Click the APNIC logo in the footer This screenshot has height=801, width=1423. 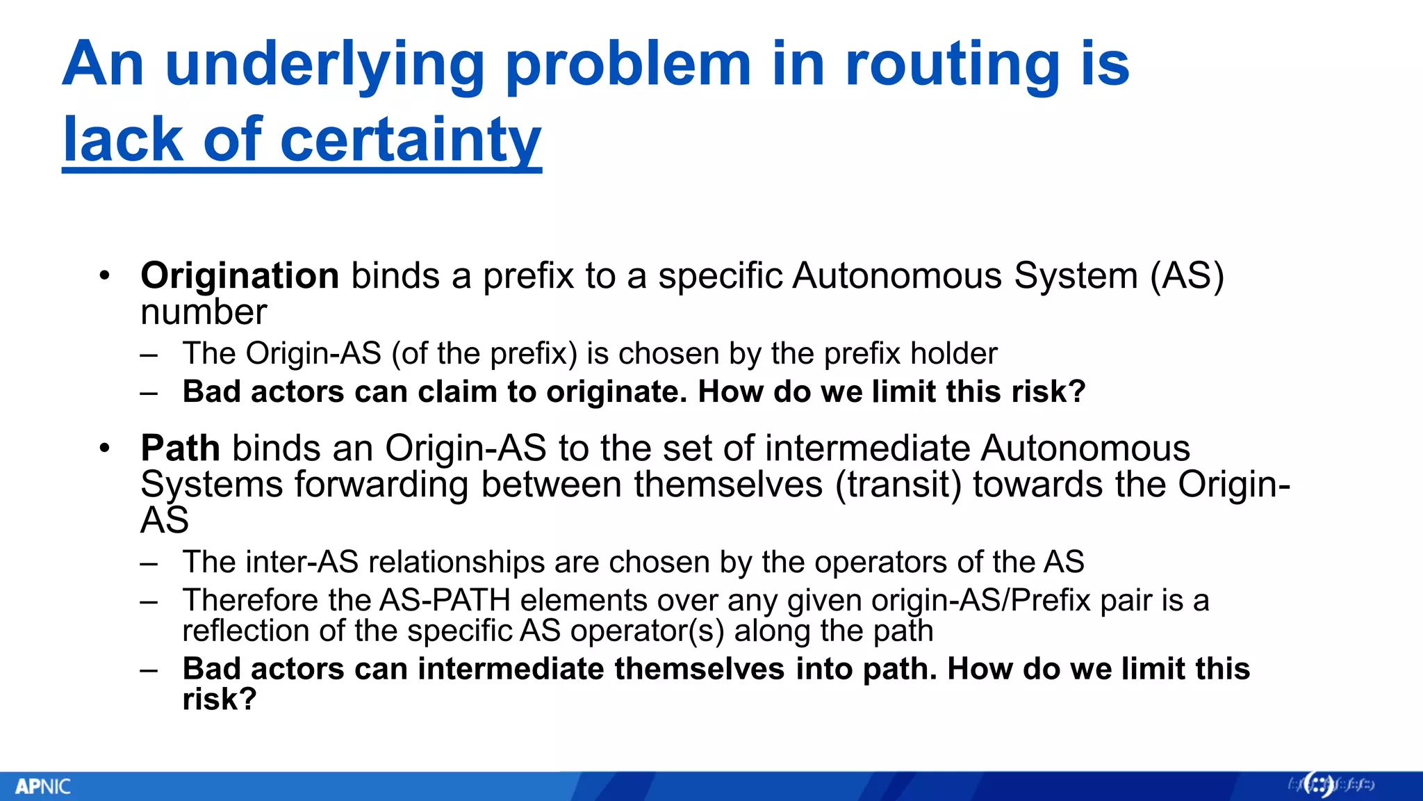pyautogui.click(x=43, y=786)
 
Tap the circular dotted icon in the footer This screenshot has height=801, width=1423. pyautogui.click(x=1318, y=785)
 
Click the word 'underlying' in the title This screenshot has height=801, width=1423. pyautogui.click(x=324, y=65)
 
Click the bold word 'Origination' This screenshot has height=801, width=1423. pyautogui.click(x=240, y=275)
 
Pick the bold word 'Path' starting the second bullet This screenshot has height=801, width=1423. pyautogui.click(x=180, y=448)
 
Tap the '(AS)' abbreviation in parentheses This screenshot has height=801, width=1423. pyautogui.click(x=1186, y=275)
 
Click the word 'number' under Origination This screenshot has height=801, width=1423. pyautogui.click(x=204, y=311)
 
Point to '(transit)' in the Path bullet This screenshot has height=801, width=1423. pyautogui.click(x=898, y=484)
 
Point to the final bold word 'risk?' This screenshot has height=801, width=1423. pyautogui.click(x=220, y=699)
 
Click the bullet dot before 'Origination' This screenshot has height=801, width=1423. pyautogui.click(x=104, y=275)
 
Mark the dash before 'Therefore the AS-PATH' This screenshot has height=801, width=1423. pyautogui.click(x=149, y=601)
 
